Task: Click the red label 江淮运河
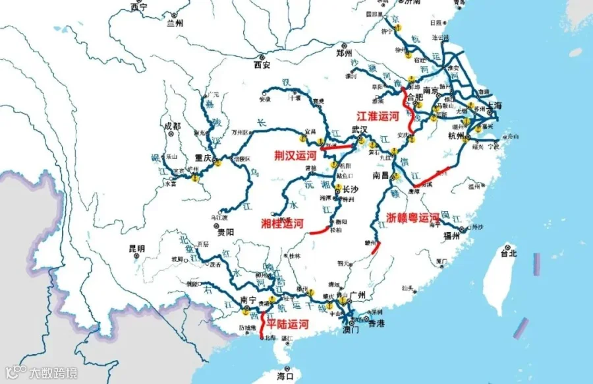[378, 115]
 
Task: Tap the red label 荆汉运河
[296, 156]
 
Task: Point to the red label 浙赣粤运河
[412, 216]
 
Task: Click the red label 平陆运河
[287, 324]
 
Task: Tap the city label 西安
[262, 65]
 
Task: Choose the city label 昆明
[136, 249]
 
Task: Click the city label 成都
[172, 126]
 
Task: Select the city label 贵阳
[225, 232]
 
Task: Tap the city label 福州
[451, 236]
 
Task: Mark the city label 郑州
[345, 53]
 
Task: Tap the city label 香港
[376, 323]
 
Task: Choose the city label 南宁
[248, 300]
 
